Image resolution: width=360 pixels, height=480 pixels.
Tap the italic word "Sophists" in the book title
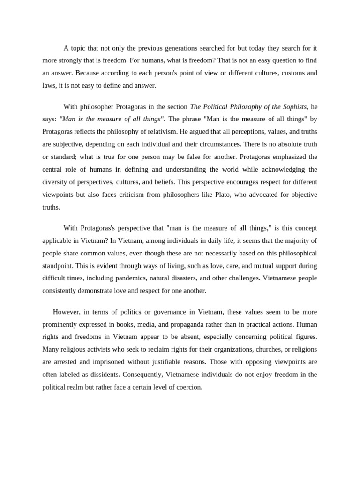point(292,107)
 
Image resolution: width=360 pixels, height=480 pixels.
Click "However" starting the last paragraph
point(66,312)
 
